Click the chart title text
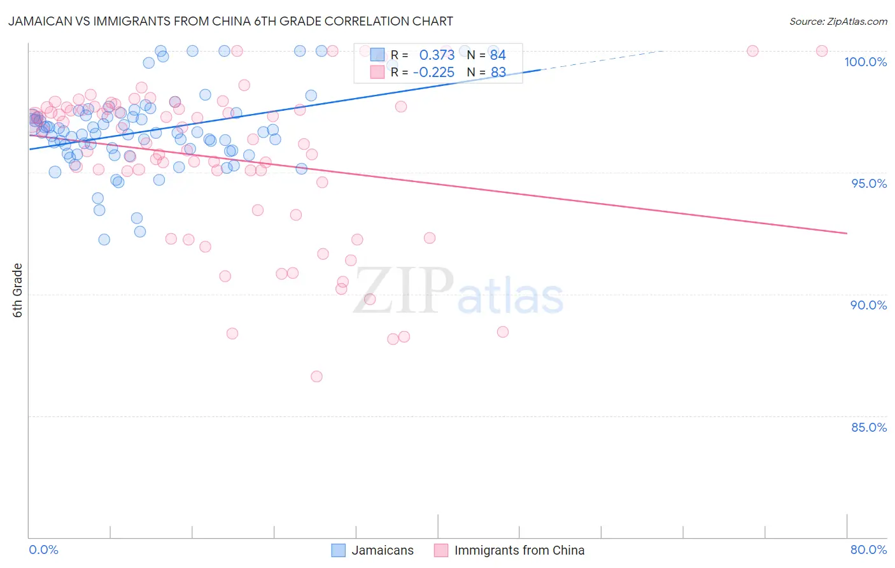(230, 22)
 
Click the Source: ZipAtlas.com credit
(838, 22)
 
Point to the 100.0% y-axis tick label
(865, 62)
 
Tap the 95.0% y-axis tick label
(869, 183)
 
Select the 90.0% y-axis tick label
(869, 305)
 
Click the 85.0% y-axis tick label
(869, 427)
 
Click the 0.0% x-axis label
(43, 550)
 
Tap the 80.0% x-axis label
(868, 550)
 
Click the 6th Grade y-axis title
(18, 290)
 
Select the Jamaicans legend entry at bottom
(373, 550)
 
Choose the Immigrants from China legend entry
(509, 550)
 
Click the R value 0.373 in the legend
(437, 55)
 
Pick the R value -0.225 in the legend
(433, 73)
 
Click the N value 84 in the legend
(498, 55)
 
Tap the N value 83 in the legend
(498, 73)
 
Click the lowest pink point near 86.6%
(316, 376)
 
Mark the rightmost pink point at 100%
(822, 51)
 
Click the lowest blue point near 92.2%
(104, 239)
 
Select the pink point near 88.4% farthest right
(503, 332)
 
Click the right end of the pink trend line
(847, 234)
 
